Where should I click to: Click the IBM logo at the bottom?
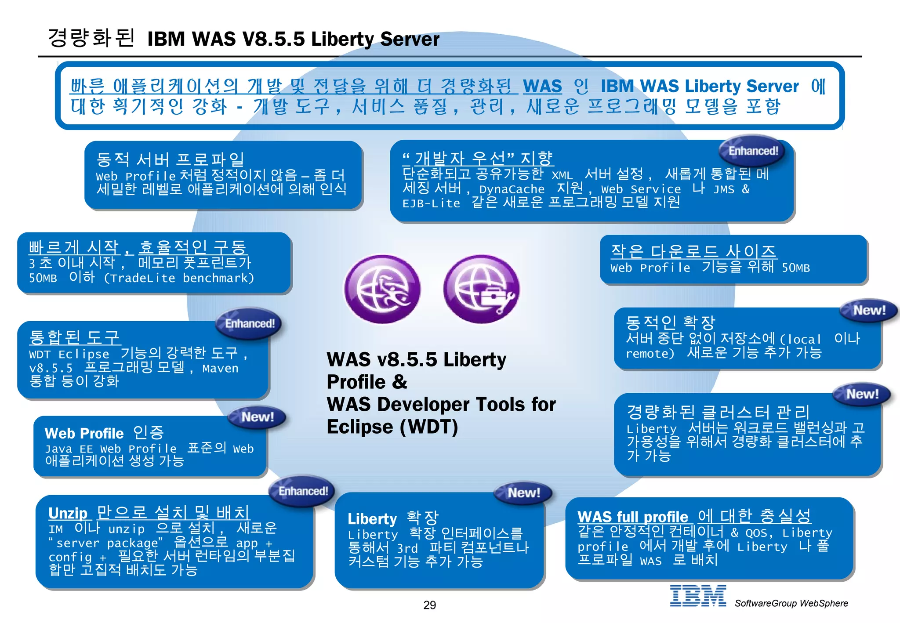pos(697,596)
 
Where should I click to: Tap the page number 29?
pos(429,605)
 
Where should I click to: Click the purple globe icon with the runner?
pos(382,290)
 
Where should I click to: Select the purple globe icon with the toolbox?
pos(482,290)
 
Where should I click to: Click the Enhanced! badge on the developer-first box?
pos(753,151)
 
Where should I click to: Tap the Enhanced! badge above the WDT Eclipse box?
pos(250,324)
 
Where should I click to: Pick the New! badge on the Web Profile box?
pos(258,417)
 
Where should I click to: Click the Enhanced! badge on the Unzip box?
pos(303,491)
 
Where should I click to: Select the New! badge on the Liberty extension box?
pos(523,493)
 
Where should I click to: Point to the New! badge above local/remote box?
pos(869,311)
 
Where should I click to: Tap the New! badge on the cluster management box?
pos(862,394)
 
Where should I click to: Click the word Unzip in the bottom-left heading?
pos(68,513)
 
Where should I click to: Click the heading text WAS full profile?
pos(632,517)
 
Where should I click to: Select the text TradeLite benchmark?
pos(179,278)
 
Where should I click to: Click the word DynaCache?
pos(512,189)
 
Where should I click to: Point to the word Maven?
pos(220,368)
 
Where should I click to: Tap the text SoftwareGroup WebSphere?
pos(791,603)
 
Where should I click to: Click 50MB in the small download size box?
pos(795,268)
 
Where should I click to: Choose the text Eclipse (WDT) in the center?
pos(392,427)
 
